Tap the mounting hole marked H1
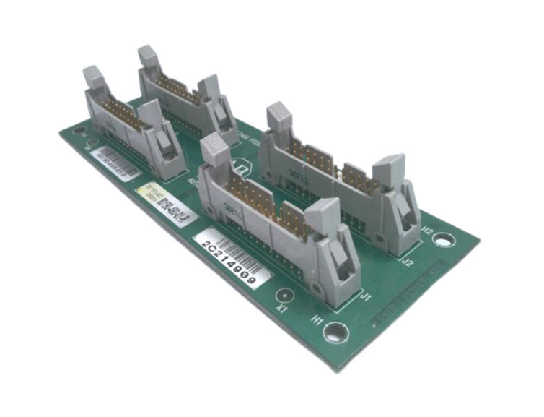tap(335, 332)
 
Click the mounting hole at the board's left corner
tap(79, 132)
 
